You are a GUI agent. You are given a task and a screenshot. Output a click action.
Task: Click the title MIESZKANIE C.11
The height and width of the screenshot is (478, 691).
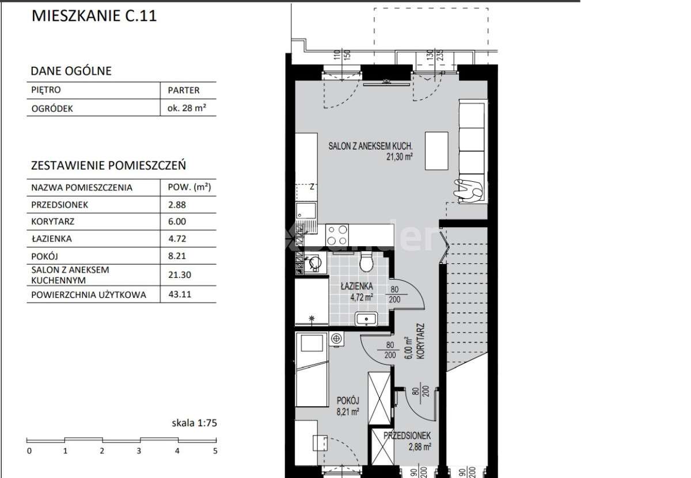pyautogui.click(x=94, y=16)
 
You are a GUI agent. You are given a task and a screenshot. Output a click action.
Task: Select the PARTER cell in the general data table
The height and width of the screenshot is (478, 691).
pyautogui.click(x=184, y=90)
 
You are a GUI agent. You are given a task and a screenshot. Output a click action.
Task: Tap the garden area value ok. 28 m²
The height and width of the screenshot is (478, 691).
pyautogui.click(x=187, y=108)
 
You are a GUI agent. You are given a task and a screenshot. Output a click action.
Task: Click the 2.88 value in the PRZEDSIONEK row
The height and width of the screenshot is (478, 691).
pyautogui.click(x=177, y=205)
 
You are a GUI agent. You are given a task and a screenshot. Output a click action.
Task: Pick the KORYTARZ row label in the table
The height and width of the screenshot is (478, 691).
pyautogui.click(x=53, y=221)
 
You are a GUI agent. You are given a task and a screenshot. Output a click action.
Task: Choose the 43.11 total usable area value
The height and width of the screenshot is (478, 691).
pyautogui.click(x=180, y=295)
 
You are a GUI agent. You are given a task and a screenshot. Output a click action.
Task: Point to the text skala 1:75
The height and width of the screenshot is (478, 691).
pyautogui.click(x=195, y=423)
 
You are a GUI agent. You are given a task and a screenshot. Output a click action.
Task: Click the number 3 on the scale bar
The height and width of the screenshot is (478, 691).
pyautogui.click(x=139, y=451)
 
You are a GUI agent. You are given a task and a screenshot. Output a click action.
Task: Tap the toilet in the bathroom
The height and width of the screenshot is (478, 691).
pyautogui.click(x=366, y=261)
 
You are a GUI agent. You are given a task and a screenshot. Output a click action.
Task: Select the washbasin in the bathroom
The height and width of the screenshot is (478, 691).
pyautogui.click(x=366, y=319)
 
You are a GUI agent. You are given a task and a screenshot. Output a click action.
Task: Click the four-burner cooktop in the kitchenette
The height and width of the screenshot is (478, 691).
pyautogui.click(x=337, y=235)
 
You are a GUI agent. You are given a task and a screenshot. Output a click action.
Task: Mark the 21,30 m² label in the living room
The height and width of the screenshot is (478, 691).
pyautogui.click(x=400, y=157)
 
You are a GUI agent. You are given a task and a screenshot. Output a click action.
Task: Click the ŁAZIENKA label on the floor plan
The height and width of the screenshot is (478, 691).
pyautogui.click(x=357, y=286)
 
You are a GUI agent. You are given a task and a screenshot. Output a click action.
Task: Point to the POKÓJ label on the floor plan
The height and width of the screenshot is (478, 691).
pyautogui.click(x=348, y=401)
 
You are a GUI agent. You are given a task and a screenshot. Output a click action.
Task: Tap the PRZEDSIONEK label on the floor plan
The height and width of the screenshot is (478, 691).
pyautogui.click(x=407, y=436)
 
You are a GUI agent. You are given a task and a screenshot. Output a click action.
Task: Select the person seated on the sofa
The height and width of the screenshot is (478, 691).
pyautogui.click(x=469, y=191)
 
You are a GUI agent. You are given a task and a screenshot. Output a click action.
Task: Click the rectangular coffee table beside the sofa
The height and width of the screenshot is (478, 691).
pyautogui.click(x=436, y=151)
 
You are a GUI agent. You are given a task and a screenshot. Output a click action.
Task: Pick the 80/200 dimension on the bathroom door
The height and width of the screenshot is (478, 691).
pyautogui.click(x=394, y=295)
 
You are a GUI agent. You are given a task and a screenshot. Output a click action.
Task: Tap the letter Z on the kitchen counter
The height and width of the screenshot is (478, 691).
pyautogui.click(x=312, y=187)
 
